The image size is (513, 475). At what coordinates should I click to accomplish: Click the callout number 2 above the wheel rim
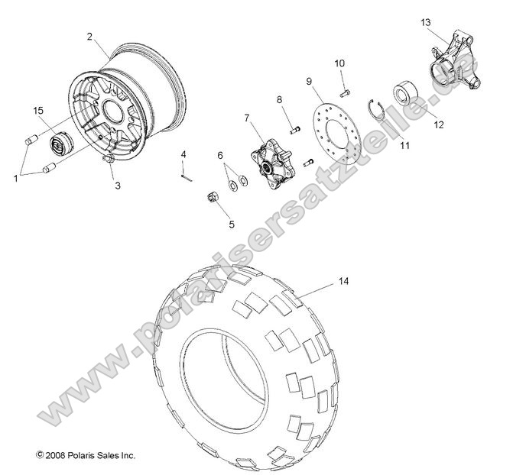(x=89, y=36)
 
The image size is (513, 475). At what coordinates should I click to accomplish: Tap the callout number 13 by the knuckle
(x=425, y=23)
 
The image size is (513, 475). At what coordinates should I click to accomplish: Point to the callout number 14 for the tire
(x=343, y=282)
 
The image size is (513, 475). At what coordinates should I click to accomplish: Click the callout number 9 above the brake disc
(x=310, y=80)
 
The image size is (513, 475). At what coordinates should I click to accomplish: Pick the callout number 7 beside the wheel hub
(x=247, y=118)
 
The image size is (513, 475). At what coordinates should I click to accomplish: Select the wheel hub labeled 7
(x=268, y=157)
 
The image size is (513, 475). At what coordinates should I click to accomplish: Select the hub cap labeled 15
(x=59, y=143)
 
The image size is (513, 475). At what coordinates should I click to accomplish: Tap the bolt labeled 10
(x=345, y=92)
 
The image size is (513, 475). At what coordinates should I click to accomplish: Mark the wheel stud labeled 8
(x=294, y=128)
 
